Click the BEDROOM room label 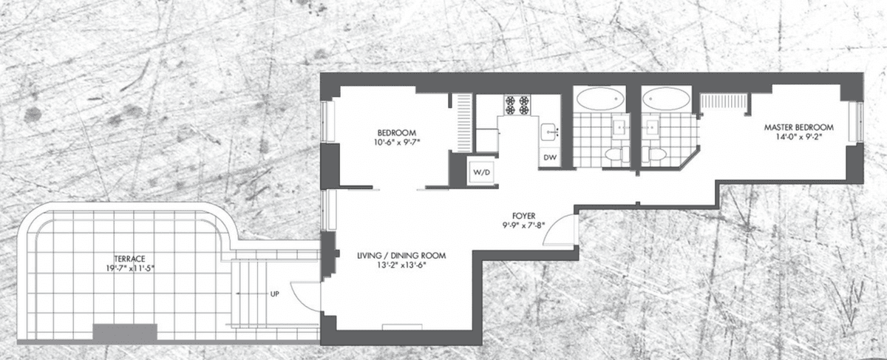pyautogui.click(x=397, y=132)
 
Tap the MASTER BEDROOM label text pyautogui.click(x=799, y=128)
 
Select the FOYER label pyautogui.click(x=523, y=216)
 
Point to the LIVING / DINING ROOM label pyautogui.click(x=401, y=256)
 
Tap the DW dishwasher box pyautogui.click(x=550, y=157)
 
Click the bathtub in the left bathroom pyautogui.click(x=599, y=98)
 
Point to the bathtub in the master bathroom pyautogui.click(x=666, y=98)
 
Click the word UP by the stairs pyautogui.click(x=274, y=294)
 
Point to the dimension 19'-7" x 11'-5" pyautogui.click(x=127, y=268)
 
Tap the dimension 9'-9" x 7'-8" pyautogui.click(x=523, y=225)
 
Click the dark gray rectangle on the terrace pyautogui.click(x=125, y=332)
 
